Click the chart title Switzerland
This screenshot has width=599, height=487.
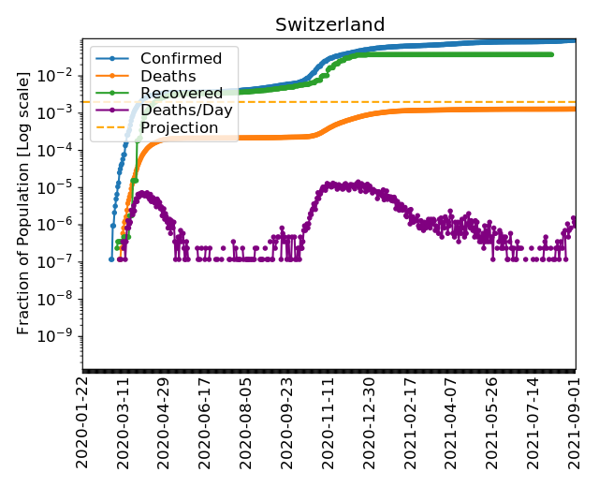pos(329,25)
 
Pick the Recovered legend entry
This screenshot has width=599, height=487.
pos(181,93)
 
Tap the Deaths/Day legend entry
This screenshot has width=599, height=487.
pos(186,110)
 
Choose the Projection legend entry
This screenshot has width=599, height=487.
pos(179,126)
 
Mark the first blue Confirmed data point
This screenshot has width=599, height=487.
pos(111,258)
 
